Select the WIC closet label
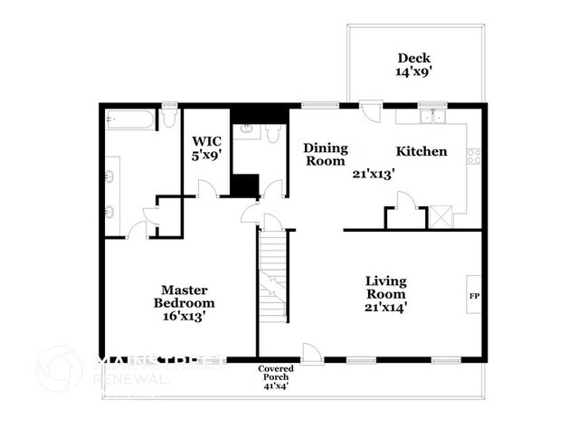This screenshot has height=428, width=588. coord(206,141)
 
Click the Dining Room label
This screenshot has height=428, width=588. coord(324,154)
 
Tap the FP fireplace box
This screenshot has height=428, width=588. coord(473,296)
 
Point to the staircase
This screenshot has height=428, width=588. coord(273,276)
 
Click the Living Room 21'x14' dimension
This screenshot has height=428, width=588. coord(385,306)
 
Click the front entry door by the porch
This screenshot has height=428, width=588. coord(309,354)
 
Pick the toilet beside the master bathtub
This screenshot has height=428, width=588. coord(169,120)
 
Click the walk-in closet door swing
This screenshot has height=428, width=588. coord(206,187)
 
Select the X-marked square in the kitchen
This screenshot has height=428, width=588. coord(441,217)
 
